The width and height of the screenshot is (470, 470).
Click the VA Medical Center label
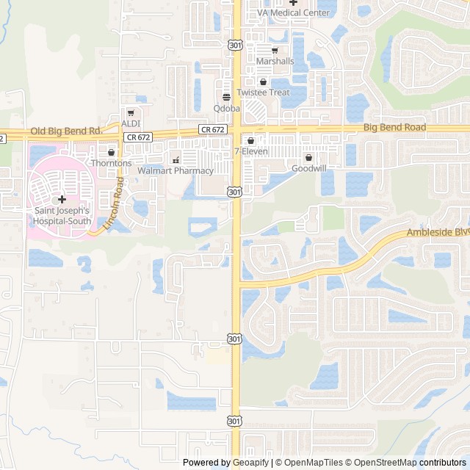[x=293, y=13]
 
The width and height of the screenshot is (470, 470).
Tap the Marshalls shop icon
[x=275, y=51]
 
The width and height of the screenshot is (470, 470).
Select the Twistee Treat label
[x=263, y=93]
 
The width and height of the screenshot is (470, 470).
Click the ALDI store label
[x=131, y=123]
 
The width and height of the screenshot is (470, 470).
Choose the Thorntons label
[x=112, y=163]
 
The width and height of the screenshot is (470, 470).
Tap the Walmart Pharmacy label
[x=176, y=171]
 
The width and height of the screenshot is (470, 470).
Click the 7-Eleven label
[x=251, y=151]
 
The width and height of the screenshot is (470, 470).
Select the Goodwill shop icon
[x=308, y=157]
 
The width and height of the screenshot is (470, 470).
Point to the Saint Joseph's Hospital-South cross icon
[x=62, y=199]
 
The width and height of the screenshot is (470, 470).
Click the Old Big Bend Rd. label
[x=65, y=131]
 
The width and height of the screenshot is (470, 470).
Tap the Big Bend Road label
[x=394, y=127]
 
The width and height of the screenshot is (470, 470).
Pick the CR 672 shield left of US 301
[x=211, y=129]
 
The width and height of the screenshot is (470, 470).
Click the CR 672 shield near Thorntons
[x=138, y=137]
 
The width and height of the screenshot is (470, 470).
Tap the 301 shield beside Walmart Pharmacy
[x=234, y=192]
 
